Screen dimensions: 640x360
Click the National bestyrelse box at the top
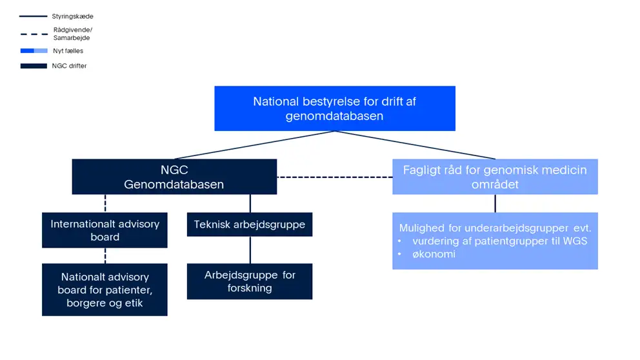tap(335, 108)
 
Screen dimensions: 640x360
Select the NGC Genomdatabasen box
tap(174, 177)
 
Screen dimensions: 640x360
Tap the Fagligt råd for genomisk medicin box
tap(495, 177)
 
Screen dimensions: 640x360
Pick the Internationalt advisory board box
tap(105, 230)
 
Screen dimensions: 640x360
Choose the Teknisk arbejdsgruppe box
tap(250, 225)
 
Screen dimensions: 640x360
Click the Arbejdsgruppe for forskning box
tap(250, 281)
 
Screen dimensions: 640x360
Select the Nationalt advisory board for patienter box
tap(105, 290)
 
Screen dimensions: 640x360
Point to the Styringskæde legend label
tap(73, 16)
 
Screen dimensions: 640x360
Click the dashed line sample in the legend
tap(34, 34)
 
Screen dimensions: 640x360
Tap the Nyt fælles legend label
tap(68, 51)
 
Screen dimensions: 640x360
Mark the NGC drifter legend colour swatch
tap(34, 66)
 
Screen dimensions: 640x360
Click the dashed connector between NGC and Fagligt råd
tap(335, 177)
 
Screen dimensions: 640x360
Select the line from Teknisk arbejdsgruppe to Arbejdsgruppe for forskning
tap(250, 250)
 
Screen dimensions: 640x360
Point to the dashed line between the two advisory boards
tap(105, 255)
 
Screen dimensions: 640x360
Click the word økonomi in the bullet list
tap(434, 254)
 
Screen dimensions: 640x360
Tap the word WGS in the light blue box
tap(575, 241)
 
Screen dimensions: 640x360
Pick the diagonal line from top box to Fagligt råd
tap(415, 145)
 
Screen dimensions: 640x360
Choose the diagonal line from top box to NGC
tap(255, 145)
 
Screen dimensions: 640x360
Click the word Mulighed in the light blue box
tap(423, 228)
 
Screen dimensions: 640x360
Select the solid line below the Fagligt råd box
tap(495, 203)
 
